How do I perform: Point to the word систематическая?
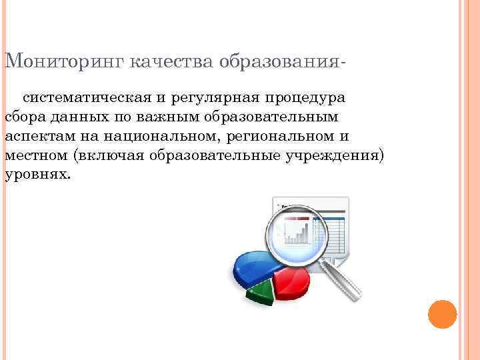[x=88, y=98]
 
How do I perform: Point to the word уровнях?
[x=36, y=175]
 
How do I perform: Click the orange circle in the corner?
[x=442, y=314]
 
